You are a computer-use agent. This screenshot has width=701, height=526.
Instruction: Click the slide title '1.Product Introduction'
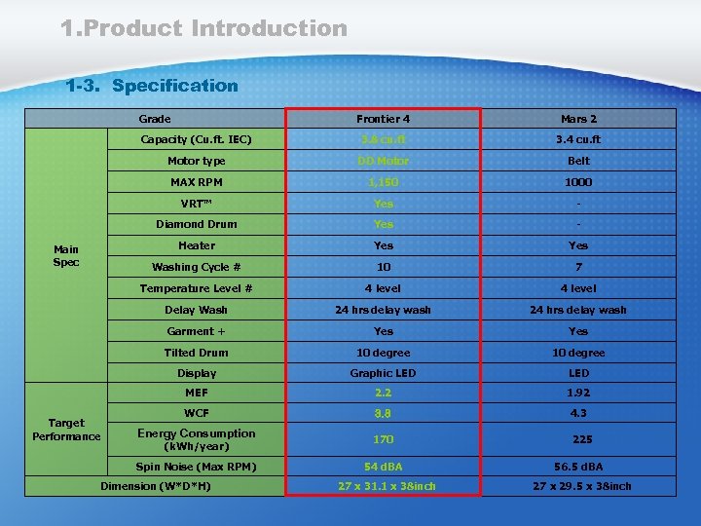point(203,28)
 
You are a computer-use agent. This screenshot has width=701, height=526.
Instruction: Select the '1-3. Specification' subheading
point(152,86)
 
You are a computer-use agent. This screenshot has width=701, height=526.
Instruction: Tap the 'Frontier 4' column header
point(384,119)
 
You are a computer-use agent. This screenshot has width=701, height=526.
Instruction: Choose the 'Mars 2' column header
point(579,119)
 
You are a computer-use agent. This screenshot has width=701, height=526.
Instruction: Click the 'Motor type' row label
point(196,161)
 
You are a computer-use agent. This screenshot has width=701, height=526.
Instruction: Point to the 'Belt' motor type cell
point(579,161)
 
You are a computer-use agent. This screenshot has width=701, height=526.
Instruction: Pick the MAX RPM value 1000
point(579,182)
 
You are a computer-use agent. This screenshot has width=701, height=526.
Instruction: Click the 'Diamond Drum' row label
point(196,224)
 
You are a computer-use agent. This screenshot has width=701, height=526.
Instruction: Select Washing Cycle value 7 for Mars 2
point(579,267)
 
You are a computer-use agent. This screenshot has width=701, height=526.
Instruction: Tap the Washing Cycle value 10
point(384,267)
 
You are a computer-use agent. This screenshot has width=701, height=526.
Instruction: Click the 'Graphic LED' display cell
point(384,373)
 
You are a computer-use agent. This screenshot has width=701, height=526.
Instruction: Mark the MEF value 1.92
point(579,393)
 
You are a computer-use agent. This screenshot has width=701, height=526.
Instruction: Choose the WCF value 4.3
point(579,414)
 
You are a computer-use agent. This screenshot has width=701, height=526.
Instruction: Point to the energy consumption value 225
point(582,439)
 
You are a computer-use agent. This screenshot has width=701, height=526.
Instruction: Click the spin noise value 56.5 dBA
point(579,467)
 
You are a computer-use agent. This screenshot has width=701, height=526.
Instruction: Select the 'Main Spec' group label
point(66,256)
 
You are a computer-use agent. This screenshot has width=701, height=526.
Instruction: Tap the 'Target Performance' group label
point(66,430)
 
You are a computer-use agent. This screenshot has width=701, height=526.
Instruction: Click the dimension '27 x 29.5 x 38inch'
point(581,486)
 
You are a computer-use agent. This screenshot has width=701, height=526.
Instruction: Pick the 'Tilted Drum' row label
point(196,353)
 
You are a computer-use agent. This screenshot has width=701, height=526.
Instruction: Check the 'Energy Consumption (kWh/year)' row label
point(196,439)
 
